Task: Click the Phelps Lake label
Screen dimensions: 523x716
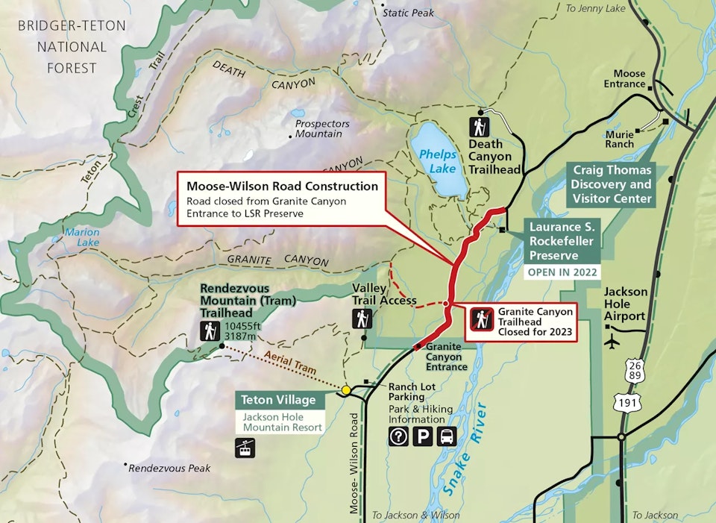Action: click(437, 161)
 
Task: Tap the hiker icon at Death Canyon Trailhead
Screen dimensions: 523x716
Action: click(478, 127)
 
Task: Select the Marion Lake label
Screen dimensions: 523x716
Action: click(81, 237)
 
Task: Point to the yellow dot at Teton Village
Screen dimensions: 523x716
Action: click(346, 390)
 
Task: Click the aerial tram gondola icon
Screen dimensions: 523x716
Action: click(244, 448)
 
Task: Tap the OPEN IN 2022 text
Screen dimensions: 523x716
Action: click(563, 272)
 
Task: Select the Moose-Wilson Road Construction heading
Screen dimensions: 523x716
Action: click(283, 186)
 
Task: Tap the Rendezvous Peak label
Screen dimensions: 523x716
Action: click(169, 468)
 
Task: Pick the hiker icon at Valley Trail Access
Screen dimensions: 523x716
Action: click(362, 319)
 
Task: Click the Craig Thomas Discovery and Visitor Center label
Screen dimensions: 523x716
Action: click(612, 184)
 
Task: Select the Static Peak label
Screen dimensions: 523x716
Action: click(407, 13)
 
